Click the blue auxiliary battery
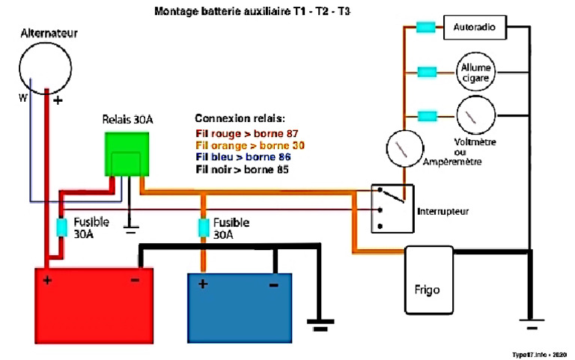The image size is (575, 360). pos(240,307)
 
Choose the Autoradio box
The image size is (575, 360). pos(475,28)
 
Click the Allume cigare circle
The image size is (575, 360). pos(475,73)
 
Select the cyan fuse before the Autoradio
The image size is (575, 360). pos(426,28)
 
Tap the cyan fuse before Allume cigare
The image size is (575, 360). pos(426,73)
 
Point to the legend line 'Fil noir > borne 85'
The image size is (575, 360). pos(242,170)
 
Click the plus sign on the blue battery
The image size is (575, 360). pos(203,284)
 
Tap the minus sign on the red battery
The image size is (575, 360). pos(136,281)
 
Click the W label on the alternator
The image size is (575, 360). pos(23,98)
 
